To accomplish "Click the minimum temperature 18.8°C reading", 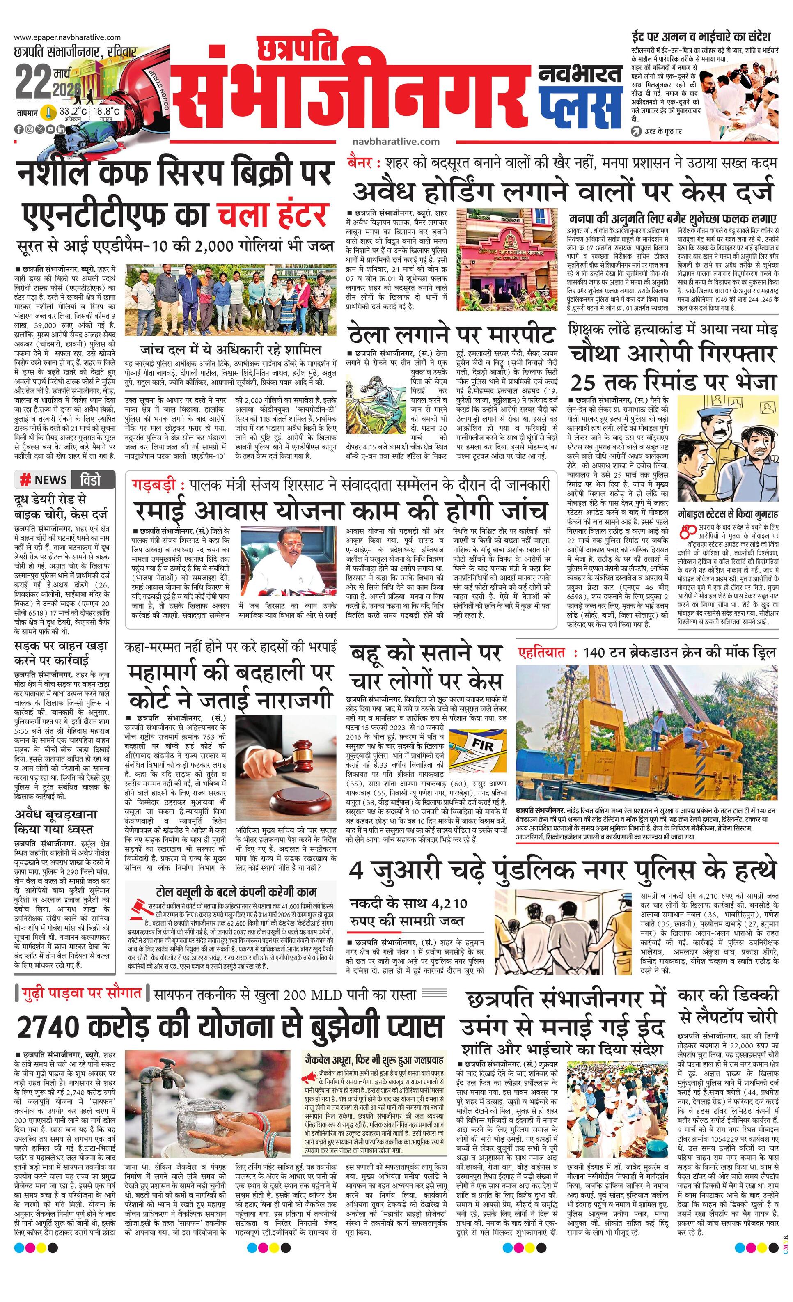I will [107, 112].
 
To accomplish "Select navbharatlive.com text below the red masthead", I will [395, 141].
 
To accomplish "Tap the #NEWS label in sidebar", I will [44, 480].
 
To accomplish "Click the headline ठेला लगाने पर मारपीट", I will [452, 335].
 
